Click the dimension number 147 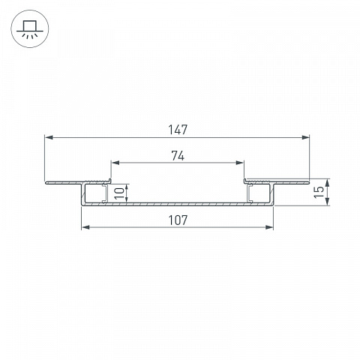(178, 130)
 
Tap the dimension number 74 (178, 155)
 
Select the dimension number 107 (178, 220)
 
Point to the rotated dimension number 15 (319, 192)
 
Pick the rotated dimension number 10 (119, 193)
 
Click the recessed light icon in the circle (30, 29)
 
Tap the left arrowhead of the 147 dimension (49, 137)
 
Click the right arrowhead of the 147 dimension (305, 137)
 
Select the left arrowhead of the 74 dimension (115, 163)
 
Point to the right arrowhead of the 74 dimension (239, 163)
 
